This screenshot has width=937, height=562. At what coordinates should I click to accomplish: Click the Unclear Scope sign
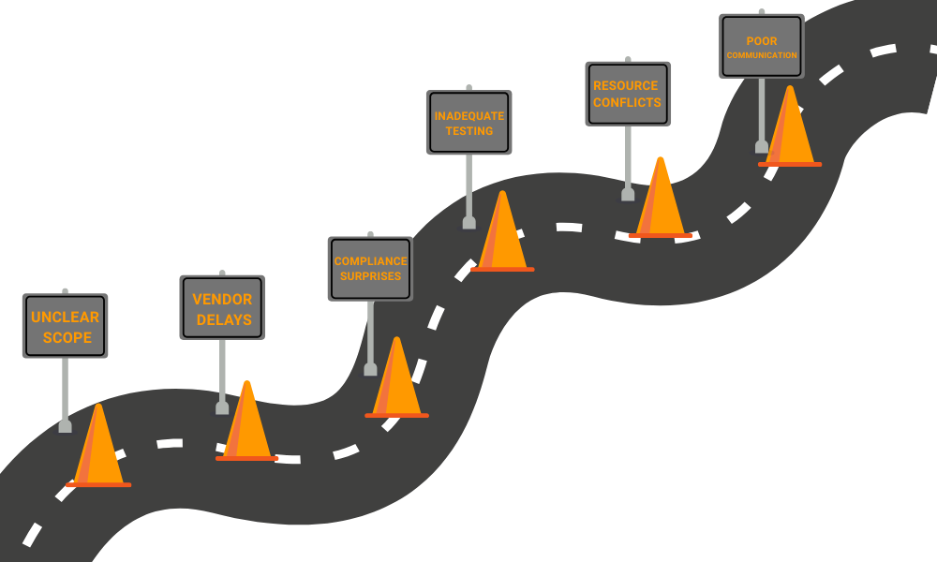(x=65, y=325)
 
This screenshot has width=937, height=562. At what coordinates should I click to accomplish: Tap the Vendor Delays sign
(x=222, y=307)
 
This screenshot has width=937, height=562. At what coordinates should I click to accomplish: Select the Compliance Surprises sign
(x=370, y=268)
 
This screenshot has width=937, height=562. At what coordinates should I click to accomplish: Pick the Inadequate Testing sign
(x=468, y=122)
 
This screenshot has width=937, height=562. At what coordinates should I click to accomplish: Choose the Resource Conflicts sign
(x=627, y=94)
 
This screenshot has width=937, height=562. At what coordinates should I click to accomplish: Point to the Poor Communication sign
(x=761, y=47)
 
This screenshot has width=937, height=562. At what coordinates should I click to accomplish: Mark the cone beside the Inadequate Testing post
(x=502, y=237)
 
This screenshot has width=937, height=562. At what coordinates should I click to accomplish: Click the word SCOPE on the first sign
(x=67, y=337)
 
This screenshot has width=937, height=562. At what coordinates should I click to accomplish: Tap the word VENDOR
(x=222, y=300)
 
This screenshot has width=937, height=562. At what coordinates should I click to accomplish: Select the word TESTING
(x=468, y=131)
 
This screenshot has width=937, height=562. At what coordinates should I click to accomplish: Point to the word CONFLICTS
(x=627, y=102)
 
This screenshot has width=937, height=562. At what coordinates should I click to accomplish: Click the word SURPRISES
(x=370, y=276)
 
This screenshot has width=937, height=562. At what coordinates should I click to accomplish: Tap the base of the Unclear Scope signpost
(x=65, y=426)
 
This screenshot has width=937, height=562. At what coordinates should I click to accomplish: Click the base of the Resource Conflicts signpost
(x=627, y=195)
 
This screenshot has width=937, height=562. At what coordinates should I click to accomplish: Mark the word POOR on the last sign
(x=761, y=41)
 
